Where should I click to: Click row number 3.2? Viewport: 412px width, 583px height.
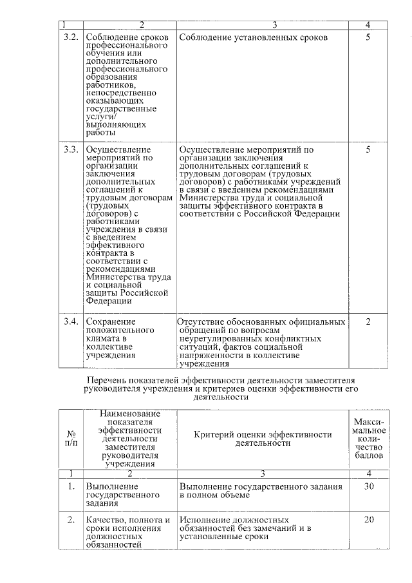71,37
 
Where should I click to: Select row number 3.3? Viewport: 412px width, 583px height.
71,149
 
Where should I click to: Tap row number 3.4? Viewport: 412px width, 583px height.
71,321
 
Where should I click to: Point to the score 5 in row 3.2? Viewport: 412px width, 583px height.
368,37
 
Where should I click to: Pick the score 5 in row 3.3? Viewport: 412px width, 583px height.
368,149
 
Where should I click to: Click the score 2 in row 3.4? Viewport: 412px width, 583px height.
368,321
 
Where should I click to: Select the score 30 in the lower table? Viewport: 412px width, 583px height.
368,486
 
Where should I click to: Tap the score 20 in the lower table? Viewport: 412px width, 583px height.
368,520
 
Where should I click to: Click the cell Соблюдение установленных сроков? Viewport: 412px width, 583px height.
254,37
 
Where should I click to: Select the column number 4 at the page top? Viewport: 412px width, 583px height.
368,24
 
